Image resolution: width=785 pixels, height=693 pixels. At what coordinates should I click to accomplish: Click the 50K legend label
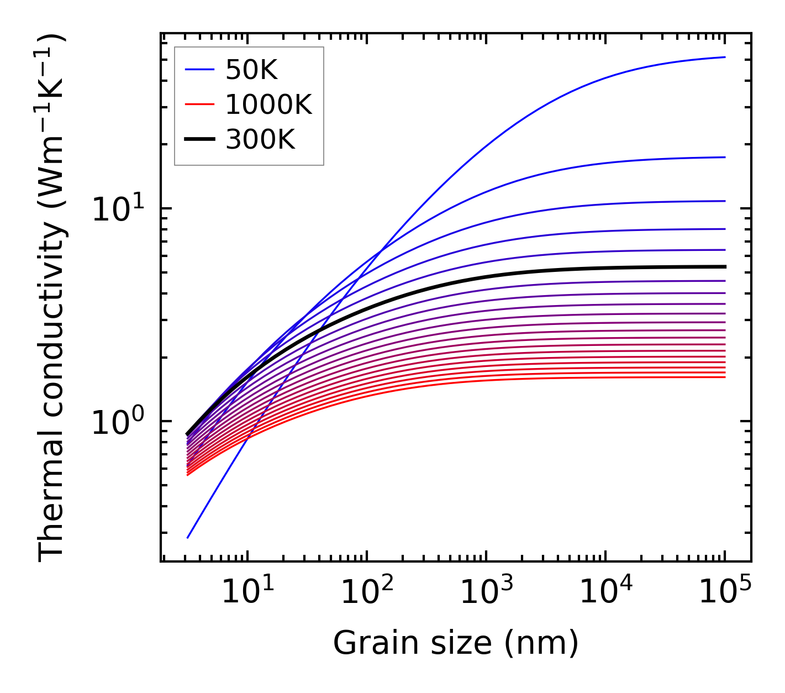(251, 70)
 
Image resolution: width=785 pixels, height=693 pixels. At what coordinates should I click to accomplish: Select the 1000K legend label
(268, 104)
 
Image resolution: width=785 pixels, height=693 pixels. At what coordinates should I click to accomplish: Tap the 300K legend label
(260, 140)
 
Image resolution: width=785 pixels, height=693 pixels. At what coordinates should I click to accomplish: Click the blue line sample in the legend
(199, 70)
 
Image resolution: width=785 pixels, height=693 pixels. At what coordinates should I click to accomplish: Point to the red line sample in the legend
(199, 104)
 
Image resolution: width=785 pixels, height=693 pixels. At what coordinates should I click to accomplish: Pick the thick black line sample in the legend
(199, 140)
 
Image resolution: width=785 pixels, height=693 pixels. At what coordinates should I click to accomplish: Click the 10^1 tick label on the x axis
(247, 592)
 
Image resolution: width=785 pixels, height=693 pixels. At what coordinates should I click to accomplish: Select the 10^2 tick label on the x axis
(367, 592)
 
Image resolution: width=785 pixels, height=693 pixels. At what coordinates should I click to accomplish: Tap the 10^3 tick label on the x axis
(486, 592)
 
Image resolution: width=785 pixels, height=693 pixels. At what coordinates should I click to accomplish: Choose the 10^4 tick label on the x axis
(605, 592)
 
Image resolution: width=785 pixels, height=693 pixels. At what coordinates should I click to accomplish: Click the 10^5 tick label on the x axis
(725, 592)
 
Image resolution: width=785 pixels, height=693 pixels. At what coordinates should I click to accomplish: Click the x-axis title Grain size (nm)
(456, 643)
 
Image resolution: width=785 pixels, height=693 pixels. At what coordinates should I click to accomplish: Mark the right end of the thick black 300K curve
(725, 266)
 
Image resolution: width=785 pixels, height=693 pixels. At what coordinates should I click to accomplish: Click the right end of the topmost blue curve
(725, 57)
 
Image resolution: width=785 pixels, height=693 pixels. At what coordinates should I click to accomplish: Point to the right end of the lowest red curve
(725, 377)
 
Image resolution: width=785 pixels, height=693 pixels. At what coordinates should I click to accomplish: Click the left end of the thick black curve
(188, 434)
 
